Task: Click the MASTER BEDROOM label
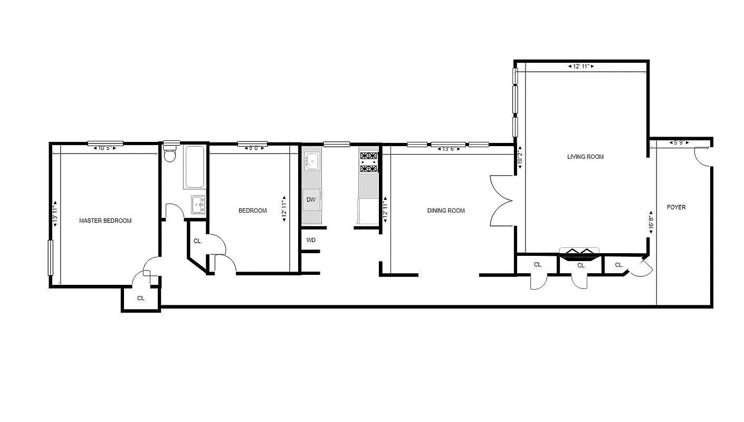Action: (x=105, y=220)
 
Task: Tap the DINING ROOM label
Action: (x=446, y=210)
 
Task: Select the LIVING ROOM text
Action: (x=585, y=157)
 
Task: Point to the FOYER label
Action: (x=676, y=207)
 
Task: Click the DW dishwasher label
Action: (x=311, y=199)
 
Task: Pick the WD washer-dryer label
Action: (x=311, y=240)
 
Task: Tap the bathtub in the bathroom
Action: (x=194, y=167)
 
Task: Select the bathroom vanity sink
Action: (x=198, y=204)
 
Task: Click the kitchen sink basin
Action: (x=311, y=161)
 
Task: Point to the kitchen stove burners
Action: (x=368, y=162)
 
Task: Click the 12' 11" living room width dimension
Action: (x=581, y=66)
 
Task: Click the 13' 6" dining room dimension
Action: (x=448, y=149)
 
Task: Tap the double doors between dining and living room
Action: (x=501, y=200)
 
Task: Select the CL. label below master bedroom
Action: (x=141, y=298)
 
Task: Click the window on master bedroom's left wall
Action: (x=51, y=257)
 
